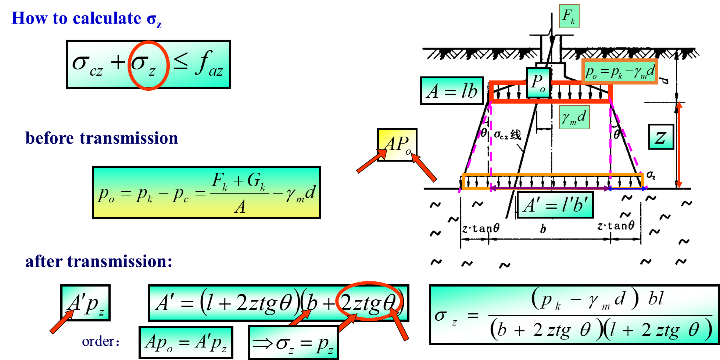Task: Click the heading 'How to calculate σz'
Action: [x=86, y=19]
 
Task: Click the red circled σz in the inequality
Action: [x=148, y=65]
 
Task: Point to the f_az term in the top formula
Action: [x=209, y=64]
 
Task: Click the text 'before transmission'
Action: [x=101, y=138]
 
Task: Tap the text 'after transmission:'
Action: [x=98, y=262]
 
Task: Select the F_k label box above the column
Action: [x=569, y=16]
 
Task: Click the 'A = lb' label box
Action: [x=452, y=91]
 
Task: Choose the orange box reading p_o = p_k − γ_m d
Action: [x=620, y=72]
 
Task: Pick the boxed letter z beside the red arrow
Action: [x=661, y=137]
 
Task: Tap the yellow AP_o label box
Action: [x=398, y=144]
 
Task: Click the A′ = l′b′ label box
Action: [x=555, y=205]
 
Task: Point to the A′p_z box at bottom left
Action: [x=86, y=303]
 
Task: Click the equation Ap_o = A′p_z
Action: [x=186, y=343]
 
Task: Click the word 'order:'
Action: [x=101, y=342]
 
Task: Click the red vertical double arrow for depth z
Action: [x=679, y=145]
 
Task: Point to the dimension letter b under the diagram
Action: [x=543, y=229]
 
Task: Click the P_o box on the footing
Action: [x=538, y=83]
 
